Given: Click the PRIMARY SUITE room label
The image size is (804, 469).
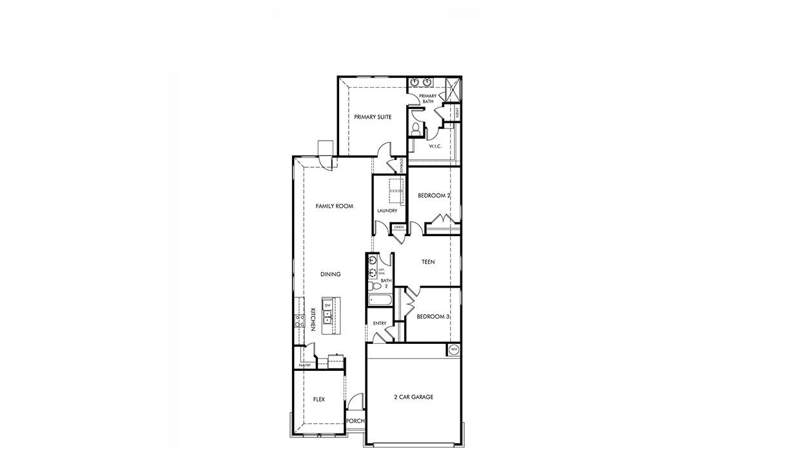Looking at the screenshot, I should coord(373,117).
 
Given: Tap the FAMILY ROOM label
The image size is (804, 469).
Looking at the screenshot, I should coord(334,206).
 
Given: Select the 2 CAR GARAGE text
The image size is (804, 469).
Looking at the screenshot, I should coord(413,397).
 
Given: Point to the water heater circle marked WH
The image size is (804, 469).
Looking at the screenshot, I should coord(454,350).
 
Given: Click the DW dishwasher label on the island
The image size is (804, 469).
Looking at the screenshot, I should coord(328,305).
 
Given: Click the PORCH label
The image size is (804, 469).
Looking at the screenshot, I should coord(355,421).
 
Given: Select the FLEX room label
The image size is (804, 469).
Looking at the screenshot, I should coord(319,400).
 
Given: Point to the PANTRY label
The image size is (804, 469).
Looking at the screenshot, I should coord(304,366).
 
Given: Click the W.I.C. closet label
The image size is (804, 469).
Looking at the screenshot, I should coord(435,146).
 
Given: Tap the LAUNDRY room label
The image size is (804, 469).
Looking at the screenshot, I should coord(387,211).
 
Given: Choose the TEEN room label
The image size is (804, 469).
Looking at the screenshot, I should coord(428,262).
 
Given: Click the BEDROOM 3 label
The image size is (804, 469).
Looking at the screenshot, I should coord(433,317).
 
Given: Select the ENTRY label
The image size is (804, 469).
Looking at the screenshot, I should coord(380,323).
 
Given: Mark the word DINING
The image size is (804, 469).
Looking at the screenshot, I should coord(330,274).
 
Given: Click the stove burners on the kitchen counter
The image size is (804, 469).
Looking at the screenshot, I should coord(299,320).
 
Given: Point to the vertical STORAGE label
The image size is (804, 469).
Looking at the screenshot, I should coord(402,165).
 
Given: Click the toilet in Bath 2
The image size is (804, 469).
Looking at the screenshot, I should coord(373,284).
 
